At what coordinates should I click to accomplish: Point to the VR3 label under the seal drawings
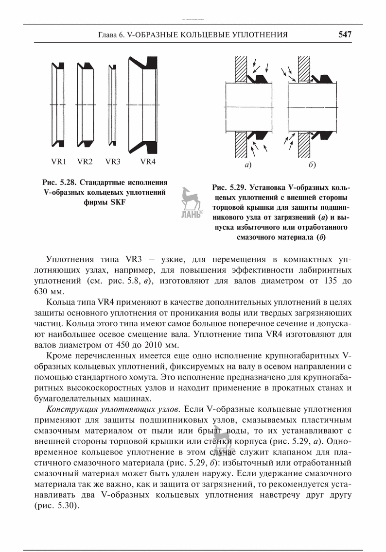tap(113, 162)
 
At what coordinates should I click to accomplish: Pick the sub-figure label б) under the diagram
tap(312, 166)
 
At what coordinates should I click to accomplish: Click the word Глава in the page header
tap(107, 35)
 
